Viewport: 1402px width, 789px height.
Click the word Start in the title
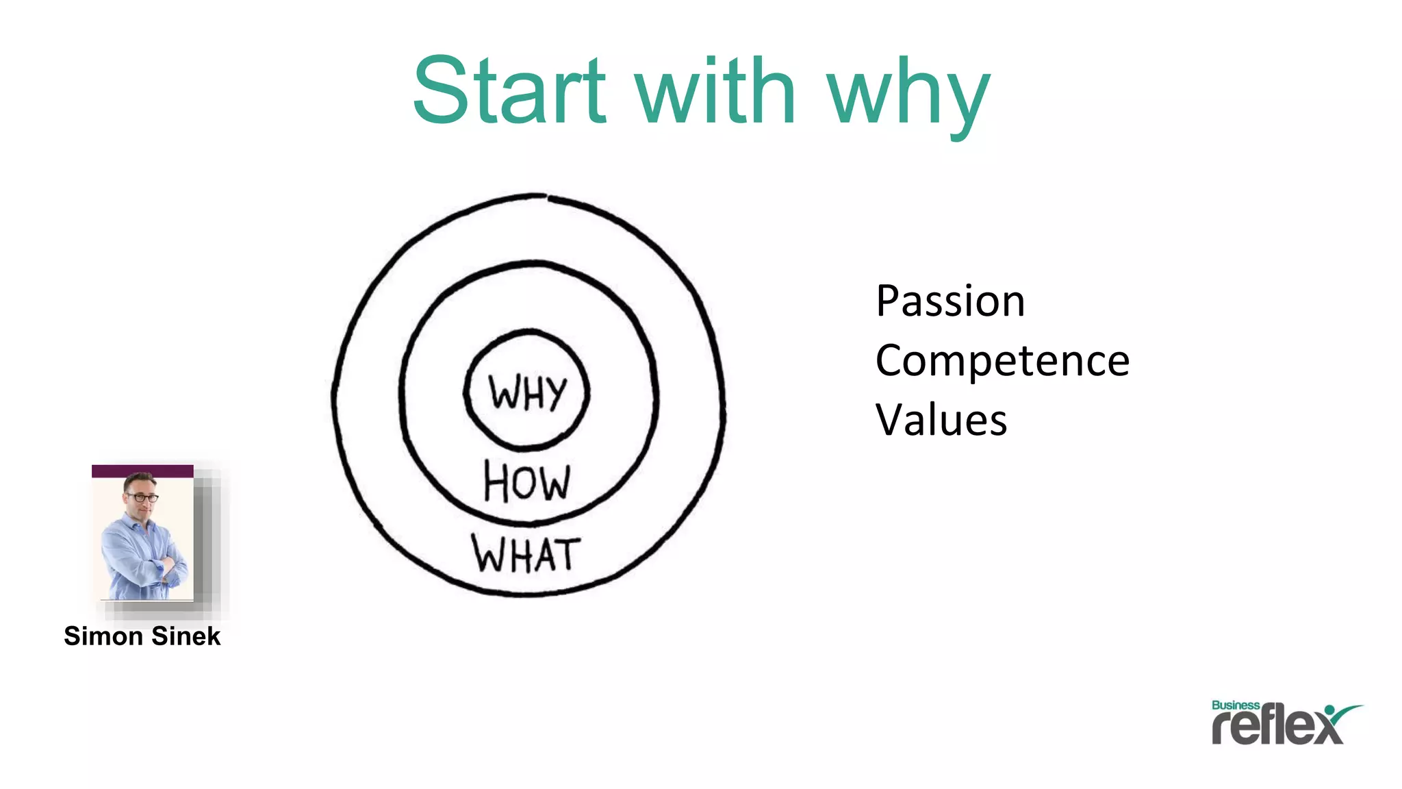coord(510,90)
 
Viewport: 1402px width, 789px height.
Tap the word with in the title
coord(716,90)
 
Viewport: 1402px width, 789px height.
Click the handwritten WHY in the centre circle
coord(527,393)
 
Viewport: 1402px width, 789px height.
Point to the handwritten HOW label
coord(526,481)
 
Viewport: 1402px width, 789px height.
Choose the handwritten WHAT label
coord(526,554)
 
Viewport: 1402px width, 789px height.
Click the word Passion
coord(950,301)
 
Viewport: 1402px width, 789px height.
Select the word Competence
coord(1002,361)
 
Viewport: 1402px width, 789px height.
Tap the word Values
coord(941,420)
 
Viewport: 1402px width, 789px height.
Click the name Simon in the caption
coord(103,636)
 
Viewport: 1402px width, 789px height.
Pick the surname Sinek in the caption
coord(186,636)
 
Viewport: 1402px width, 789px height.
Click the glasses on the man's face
coord(142,497)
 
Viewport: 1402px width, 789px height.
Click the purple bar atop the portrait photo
coord(142,471)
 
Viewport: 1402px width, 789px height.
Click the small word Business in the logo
coord(1235,705)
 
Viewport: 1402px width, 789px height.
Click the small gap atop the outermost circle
coord(547,197)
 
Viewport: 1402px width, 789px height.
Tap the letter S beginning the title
coord(444,90)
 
